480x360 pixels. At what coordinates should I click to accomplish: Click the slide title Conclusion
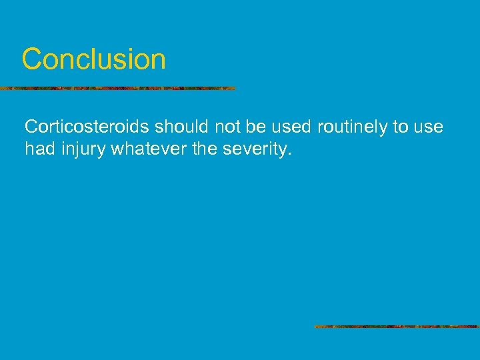click(93, 59)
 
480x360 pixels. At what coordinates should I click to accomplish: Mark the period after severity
click(290, 154)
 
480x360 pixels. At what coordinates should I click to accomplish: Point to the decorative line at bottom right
click(397, 327)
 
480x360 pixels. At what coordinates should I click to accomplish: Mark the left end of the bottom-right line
click(316, 327)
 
